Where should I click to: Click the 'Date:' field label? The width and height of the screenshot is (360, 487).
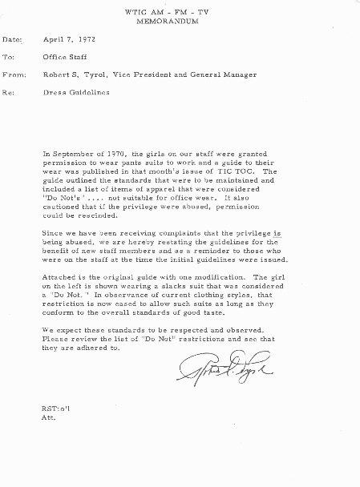pos(13,39)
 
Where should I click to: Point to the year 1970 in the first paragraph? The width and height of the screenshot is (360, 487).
pos(125,151)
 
